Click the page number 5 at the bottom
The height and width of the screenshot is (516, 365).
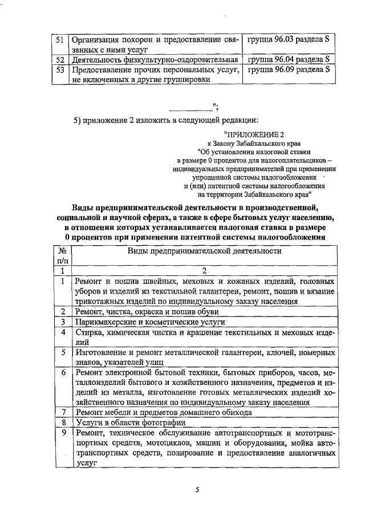point(196,489)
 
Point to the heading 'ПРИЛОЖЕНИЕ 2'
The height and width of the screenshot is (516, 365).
point(254,134)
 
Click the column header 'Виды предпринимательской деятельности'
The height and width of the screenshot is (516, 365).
point(204,251)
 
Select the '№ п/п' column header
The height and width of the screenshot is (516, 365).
point(62,255)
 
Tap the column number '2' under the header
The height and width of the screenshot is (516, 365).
point(204,271)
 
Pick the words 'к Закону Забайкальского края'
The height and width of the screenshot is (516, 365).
point(254,143)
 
